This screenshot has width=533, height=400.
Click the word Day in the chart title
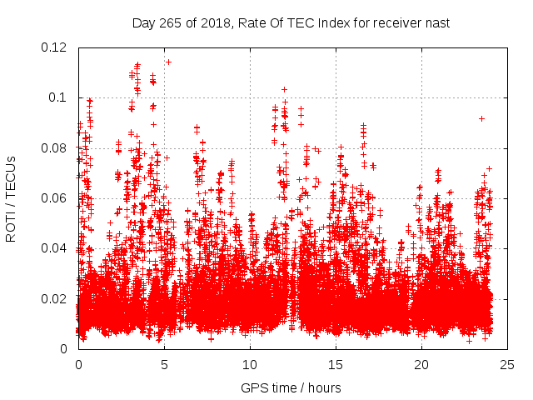coord(144,22)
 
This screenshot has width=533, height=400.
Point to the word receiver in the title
coord(396,22)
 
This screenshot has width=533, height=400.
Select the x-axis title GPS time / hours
coord(291,387)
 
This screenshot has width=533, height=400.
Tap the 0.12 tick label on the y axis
coord(54,47)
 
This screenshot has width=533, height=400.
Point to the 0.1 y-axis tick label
coord(57,97)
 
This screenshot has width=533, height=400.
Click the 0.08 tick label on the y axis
coord(54,148)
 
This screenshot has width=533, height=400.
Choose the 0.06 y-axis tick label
coord(54,198)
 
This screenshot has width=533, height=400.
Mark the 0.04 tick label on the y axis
coord(54,248)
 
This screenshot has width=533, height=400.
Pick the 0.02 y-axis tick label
coord(54,298)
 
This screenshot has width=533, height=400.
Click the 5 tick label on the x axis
coord(164,364)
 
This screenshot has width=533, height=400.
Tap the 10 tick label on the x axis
coord(250,364)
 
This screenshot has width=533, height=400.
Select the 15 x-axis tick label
coord(336,364)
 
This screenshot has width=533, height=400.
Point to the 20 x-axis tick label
coord(421,364)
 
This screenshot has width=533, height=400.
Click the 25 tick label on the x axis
coord(507,364)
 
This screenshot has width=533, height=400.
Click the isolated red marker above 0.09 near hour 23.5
coord(481,118)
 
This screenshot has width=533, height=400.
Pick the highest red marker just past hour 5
coord(168,62)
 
